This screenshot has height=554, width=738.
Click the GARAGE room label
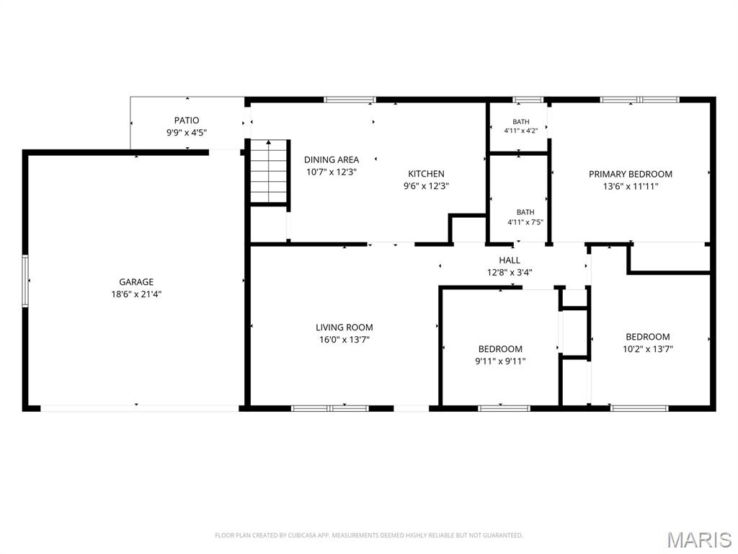point(136,282)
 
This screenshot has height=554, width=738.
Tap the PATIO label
point(187,120)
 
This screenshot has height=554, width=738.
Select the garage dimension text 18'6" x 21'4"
point(136,294)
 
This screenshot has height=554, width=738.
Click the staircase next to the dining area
point(269,172)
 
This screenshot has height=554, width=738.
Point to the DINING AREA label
point(332,159)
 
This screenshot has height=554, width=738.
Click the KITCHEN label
point(426,174)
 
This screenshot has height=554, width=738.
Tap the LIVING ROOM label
point(344,327)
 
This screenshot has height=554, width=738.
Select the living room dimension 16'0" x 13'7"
point(344,340)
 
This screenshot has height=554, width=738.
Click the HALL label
point(510,260)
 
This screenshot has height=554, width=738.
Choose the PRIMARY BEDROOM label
point(630,175)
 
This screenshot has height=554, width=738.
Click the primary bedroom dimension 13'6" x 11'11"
point(630,187)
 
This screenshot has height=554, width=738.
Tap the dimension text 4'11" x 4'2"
point(520,131)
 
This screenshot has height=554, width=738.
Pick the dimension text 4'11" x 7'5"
point(525,222)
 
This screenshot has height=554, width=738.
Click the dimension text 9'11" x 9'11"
point(500,361)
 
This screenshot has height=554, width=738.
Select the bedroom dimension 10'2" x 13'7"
point(648,349)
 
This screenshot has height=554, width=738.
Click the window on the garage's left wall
point(25,281)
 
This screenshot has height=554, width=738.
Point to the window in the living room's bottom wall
point(329,408)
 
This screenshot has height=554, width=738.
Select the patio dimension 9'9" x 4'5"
point(187,133)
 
